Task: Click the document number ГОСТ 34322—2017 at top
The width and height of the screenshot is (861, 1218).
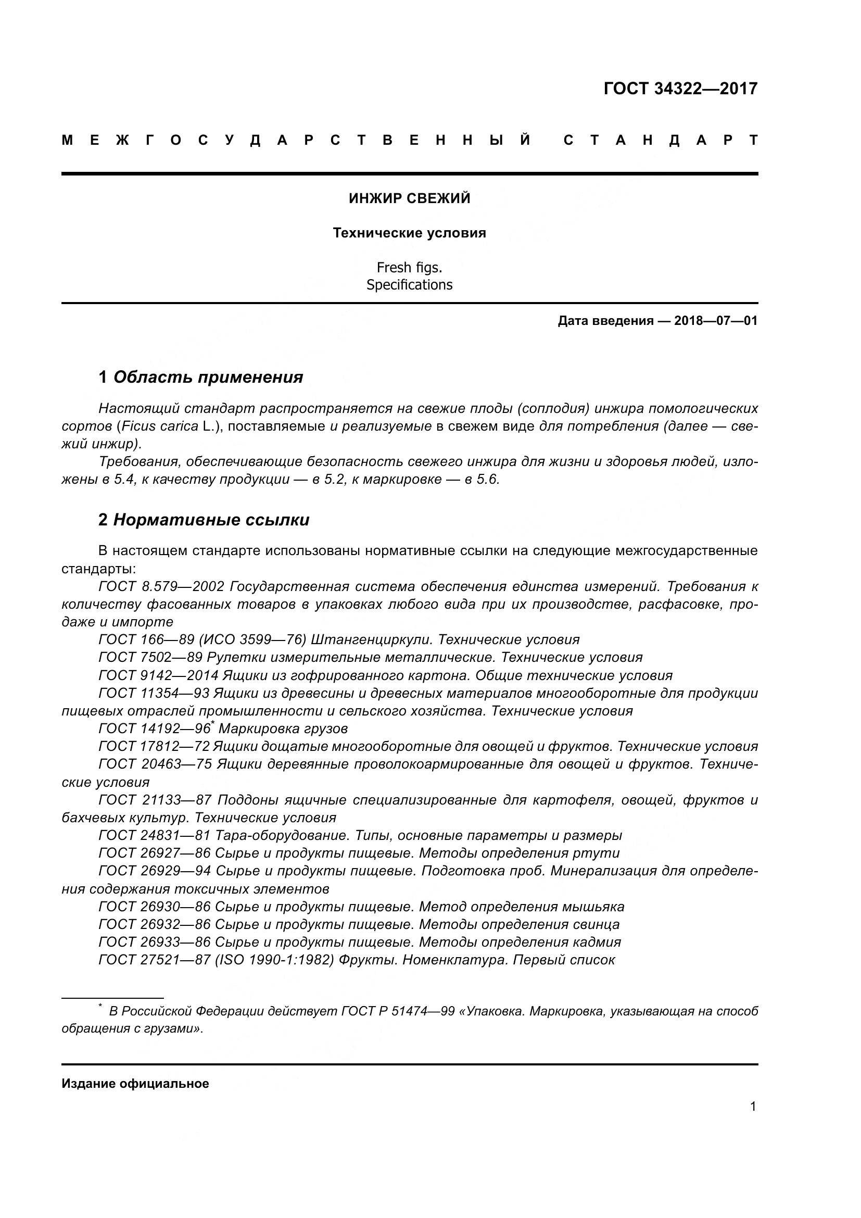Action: coord(680,89)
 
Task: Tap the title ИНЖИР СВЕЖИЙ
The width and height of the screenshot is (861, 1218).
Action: coord(409,198)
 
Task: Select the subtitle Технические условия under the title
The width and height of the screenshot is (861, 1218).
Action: coord(409,233)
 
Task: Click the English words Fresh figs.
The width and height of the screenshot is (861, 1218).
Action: coord(409,267)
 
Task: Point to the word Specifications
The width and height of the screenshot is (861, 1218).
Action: coord(409,285)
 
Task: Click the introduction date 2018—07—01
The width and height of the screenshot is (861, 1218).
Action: coord(716,321)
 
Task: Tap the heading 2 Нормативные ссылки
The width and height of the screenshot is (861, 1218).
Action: coord(204,520)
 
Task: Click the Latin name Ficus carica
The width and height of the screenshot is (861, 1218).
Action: coord(159,426)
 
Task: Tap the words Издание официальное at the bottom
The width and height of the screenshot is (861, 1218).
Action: coord(135,1084)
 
